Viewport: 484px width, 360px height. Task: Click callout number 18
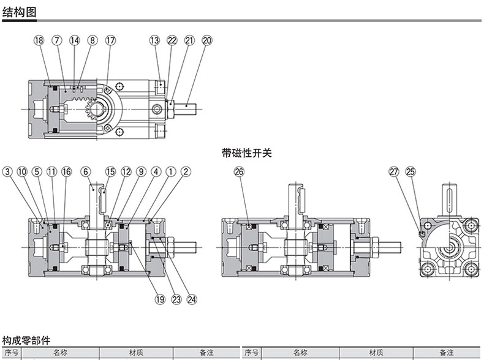39,40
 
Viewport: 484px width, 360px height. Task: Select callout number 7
57,40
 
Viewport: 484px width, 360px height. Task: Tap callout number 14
75,40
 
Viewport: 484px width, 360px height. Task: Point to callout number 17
110,40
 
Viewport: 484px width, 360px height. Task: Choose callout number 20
206,40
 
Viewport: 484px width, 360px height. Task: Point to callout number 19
160,300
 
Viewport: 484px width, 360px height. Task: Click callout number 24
192,300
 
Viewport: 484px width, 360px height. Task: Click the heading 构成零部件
26,340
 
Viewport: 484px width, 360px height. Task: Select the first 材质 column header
136,353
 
